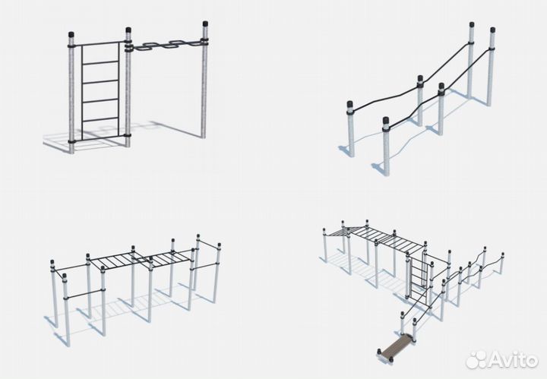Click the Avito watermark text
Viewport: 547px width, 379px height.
(513, 359)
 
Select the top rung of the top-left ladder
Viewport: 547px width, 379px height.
(100, 63)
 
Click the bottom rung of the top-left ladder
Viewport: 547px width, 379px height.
(100, 120)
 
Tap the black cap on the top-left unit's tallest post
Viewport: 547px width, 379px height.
(205, 24)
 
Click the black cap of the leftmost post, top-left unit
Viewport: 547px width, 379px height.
(71, 35)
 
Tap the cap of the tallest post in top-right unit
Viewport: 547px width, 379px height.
(472, 25)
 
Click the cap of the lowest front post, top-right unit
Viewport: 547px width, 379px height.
(385, 121)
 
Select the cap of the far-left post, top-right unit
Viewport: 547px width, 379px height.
(350, 104)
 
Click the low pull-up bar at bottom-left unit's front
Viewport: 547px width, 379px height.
(84, 294)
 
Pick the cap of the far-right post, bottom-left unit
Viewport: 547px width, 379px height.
(219, 245)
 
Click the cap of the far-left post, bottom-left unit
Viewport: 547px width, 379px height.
(52, 262)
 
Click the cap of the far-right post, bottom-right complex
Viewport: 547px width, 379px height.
(502, 254)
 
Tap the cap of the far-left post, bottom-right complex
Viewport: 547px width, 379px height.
(324, 230)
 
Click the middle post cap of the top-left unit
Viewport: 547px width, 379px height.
(128, 30)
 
